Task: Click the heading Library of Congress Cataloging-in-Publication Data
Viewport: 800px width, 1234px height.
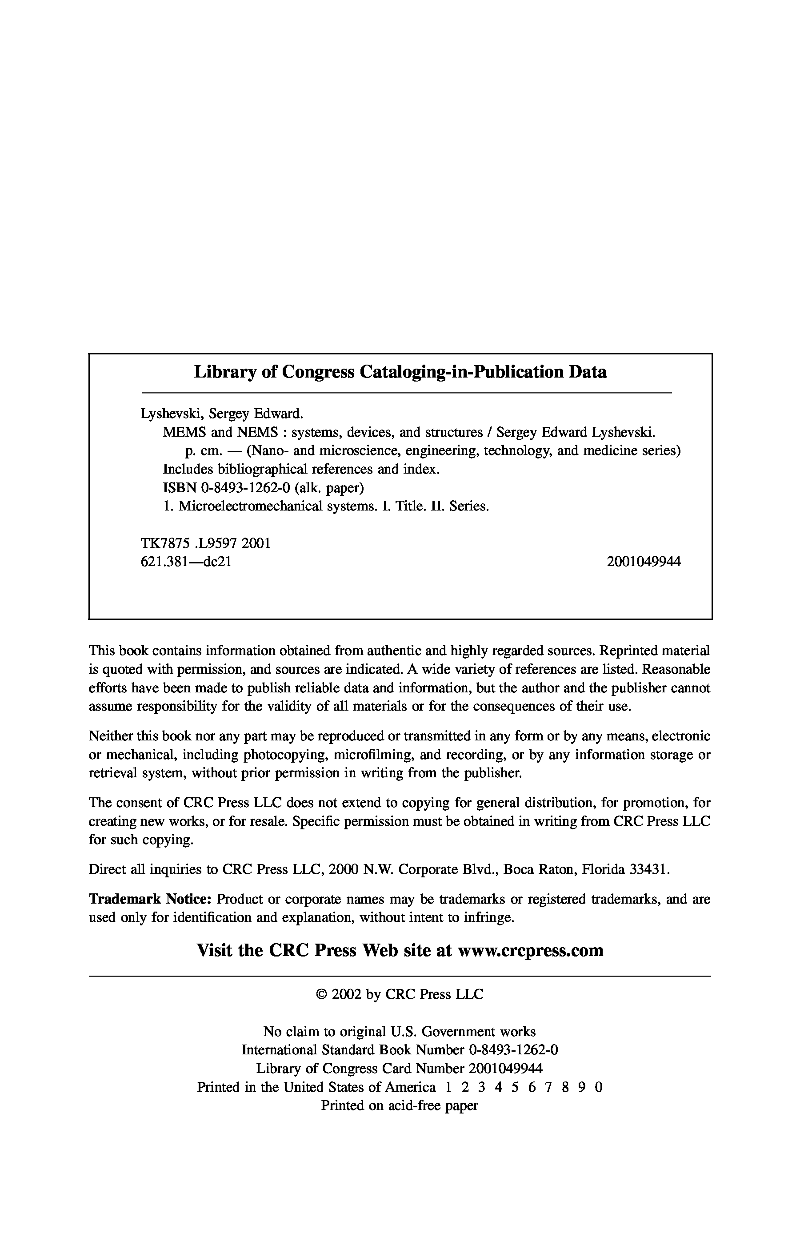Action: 400,372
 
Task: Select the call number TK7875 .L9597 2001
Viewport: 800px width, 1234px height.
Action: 205,543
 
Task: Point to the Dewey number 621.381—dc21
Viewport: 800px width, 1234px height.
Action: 185,562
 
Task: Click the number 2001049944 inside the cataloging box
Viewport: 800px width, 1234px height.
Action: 644,562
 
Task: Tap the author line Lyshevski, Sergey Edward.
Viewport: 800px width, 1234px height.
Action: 221,414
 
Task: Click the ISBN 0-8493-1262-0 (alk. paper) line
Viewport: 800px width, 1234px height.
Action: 263,488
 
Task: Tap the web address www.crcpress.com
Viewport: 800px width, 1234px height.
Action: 531,950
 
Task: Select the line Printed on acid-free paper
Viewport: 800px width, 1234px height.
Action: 399,1105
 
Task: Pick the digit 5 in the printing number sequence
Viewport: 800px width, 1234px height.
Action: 515,1087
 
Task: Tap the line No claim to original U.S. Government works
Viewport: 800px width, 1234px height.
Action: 399,1031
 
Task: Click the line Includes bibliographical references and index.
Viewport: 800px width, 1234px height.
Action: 301,469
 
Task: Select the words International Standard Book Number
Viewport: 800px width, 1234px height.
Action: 353,1050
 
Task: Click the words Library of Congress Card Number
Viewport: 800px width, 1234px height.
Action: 360,1069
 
